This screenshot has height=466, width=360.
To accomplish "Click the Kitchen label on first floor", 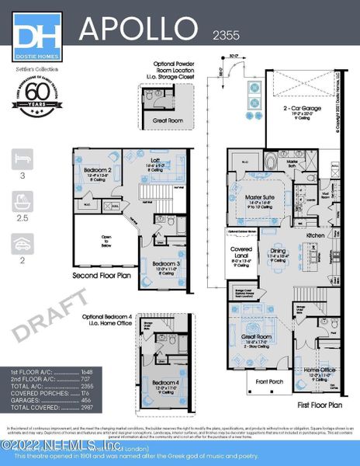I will [315, 235].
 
